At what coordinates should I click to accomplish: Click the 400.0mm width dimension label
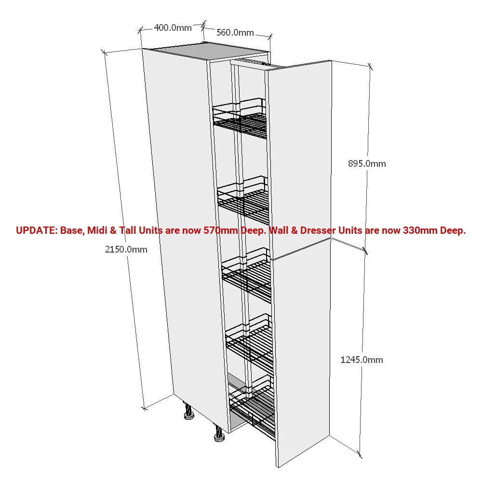pyautogui.click(x=173, y=27)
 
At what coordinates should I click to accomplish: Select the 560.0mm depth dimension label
pyautogui.click(x=235, y=33)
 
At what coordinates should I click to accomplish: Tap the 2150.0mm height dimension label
pyautogui.click(x=126, y=249)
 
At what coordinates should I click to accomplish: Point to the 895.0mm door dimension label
pyautogui.click(x=367, y=163)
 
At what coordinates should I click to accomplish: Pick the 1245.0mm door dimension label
pyautogui.click(x=361, y=360)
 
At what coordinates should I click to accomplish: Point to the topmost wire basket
pyautogui.click(x=240, y=119)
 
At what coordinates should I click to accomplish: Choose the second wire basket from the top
pyautogui.click(x=243, y=200)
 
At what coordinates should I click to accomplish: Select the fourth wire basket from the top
pyautogui.click(x=250, y=341)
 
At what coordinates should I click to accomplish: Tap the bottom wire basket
pyautogui.click(x=253, y=406)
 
